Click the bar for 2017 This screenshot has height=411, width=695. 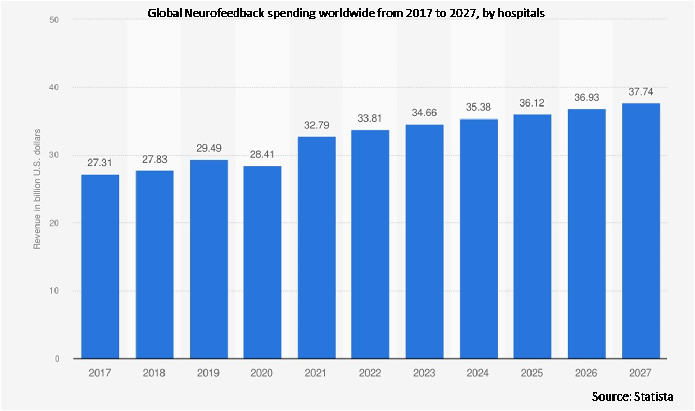[100, 267]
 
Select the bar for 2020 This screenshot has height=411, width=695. [262, 262]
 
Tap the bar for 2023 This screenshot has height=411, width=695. [424, 242]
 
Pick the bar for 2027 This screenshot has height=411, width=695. [641, 231]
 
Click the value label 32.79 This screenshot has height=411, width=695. [316, 125]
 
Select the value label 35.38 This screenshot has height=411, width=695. [478, 108]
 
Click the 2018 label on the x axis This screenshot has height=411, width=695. [154, 373]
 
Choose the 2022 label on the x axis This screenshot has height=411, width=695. [370, 373]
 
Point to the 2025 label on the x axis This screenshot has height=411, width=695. [532, 373]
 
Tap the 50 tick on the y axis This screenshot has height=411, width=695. [53, 20]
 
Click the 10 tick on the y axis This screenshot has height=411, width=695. [53, 291]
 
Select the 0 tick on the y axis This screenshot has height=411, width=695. [56, 359]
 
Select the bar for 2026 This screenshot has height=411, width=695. [586, 234]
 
